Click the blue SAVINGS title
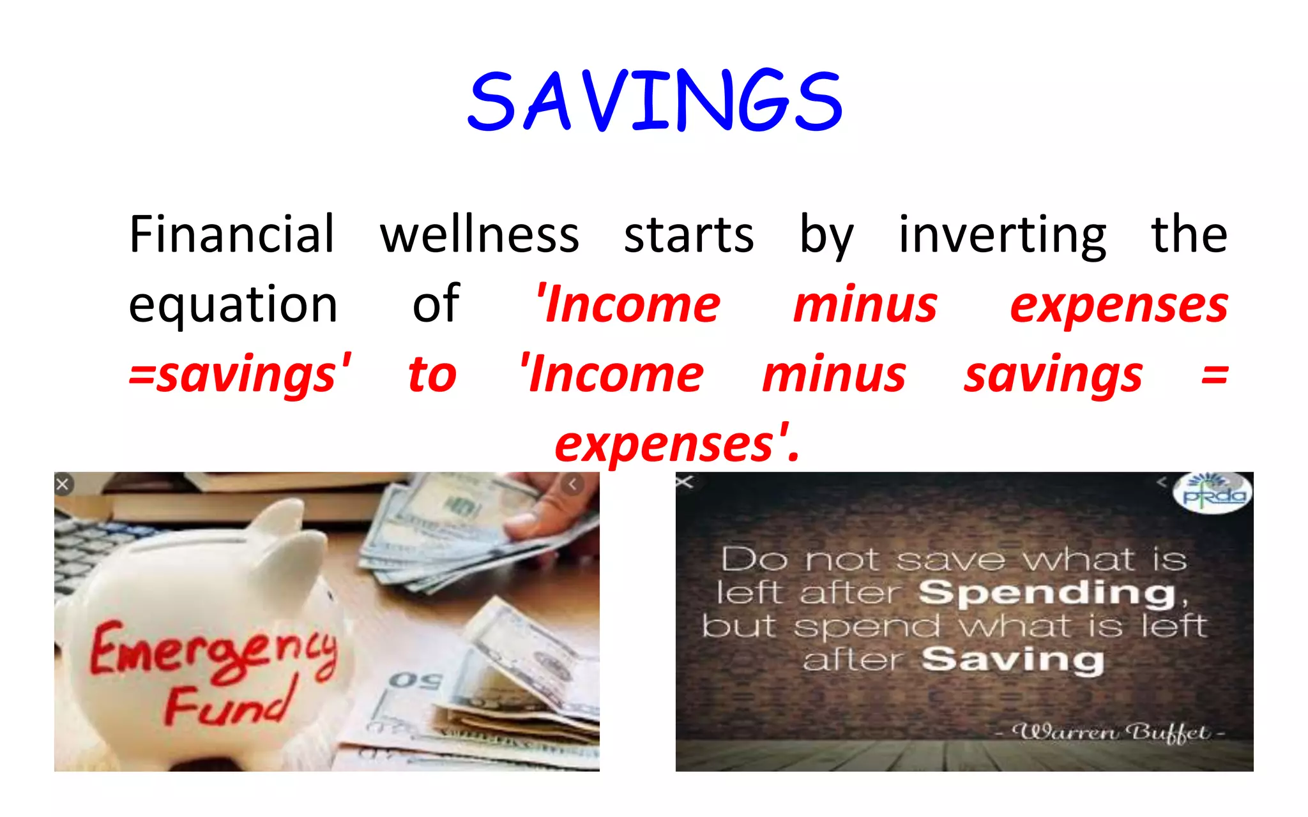[x=655, y=101]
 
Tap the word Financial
[x=232, y=234]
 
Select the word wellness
[x=480, y=234]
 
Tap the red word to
[x=432, y=375]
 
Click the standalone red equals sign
[x=1214, y=375]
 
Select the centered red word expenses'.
[x=677, y=444]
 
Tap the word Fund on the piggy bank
[x=230, y=702]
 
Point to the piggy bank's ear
[x=281, y=520]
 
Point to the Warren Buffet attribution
[x=1111, y=732]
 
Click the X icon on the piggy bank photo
[x=63, y=484]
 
